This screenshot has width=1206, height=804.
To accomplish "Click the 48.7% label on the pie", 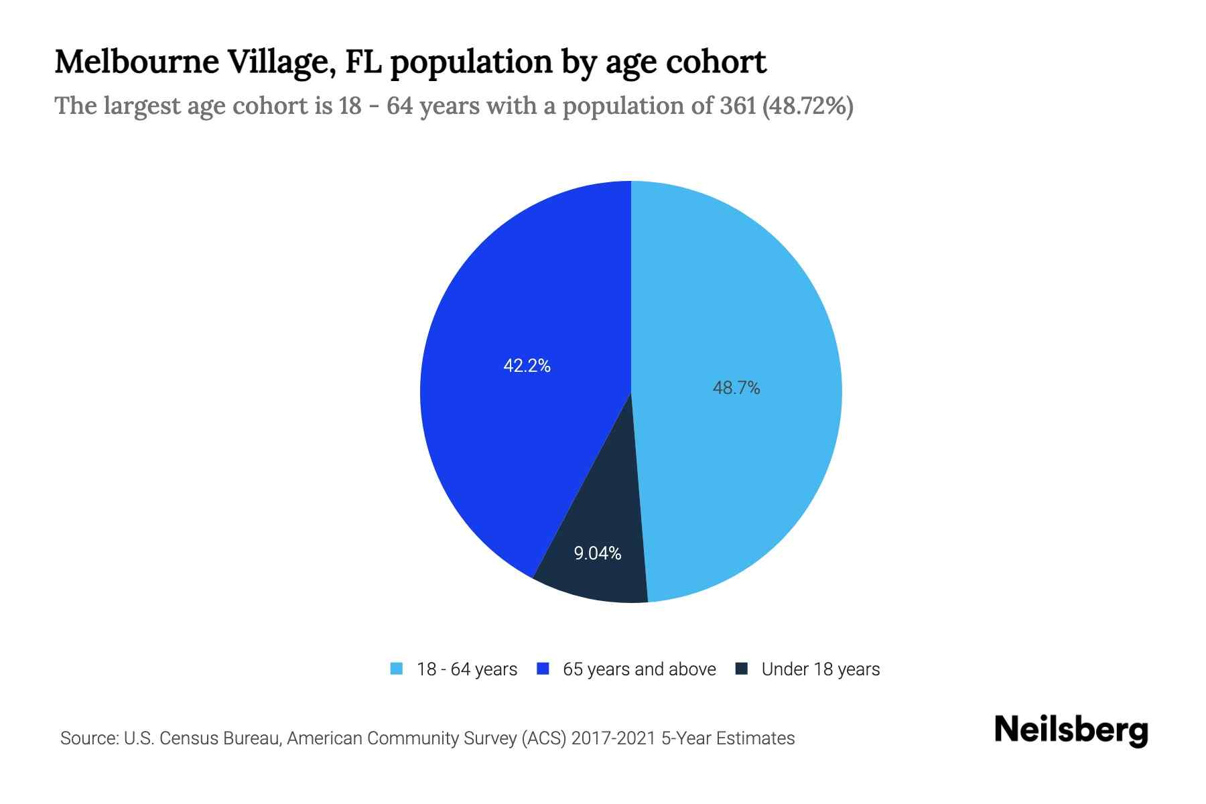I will (736, 388).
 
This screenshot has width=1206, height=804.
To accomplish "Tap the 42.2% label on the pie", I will (527, 366).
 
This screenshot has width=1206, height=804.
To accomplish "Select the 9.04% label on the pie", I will (597, 553).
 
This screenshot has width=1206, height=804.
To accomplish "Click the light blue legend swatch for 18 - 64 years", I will (397, 669).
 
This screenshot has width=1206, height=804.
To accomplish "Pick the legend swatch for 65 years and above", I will (543, 669).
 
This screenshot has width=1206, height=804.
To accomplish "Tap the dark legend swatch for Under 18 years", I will (742, 669).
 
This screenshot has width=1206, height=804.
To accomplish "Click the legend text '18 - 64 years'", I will (467, 669).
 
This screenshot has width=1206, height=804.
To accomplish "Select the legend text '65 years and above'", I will (639, 669).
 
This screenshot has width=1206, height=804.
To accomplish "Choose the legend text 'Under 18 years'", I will (820, 669).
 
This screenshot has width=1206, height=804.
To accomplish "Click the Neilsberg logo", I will (1071, 730).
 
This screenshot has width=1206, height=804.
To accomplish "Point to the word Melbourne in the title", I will (137, 62).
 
